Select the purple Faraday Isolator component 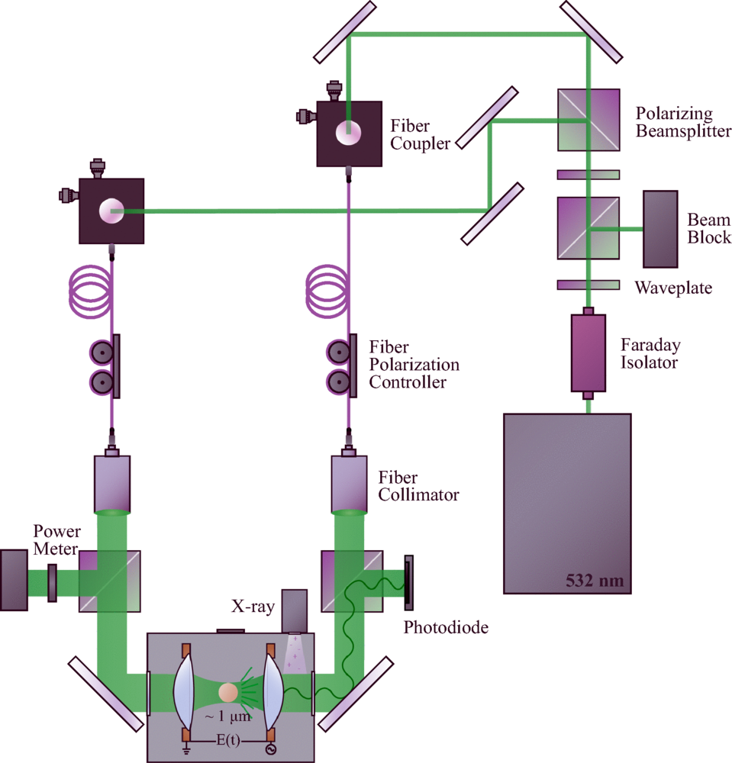click(x=588, y=353)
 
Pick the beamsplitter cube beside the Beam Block click(x=588, y=228)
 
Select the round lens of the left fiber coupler click(x=111, y=211)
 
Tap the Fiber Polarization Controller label click(x=414, y=364)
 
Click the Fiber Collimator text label click(x=418, y=486)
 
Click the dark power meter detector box click(x=14, y=579)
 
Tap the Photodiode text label click(x=445, y=628)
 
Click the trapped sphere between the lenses click(x=228, y=693)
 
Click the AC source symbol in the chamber click(x=269, y=750)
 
